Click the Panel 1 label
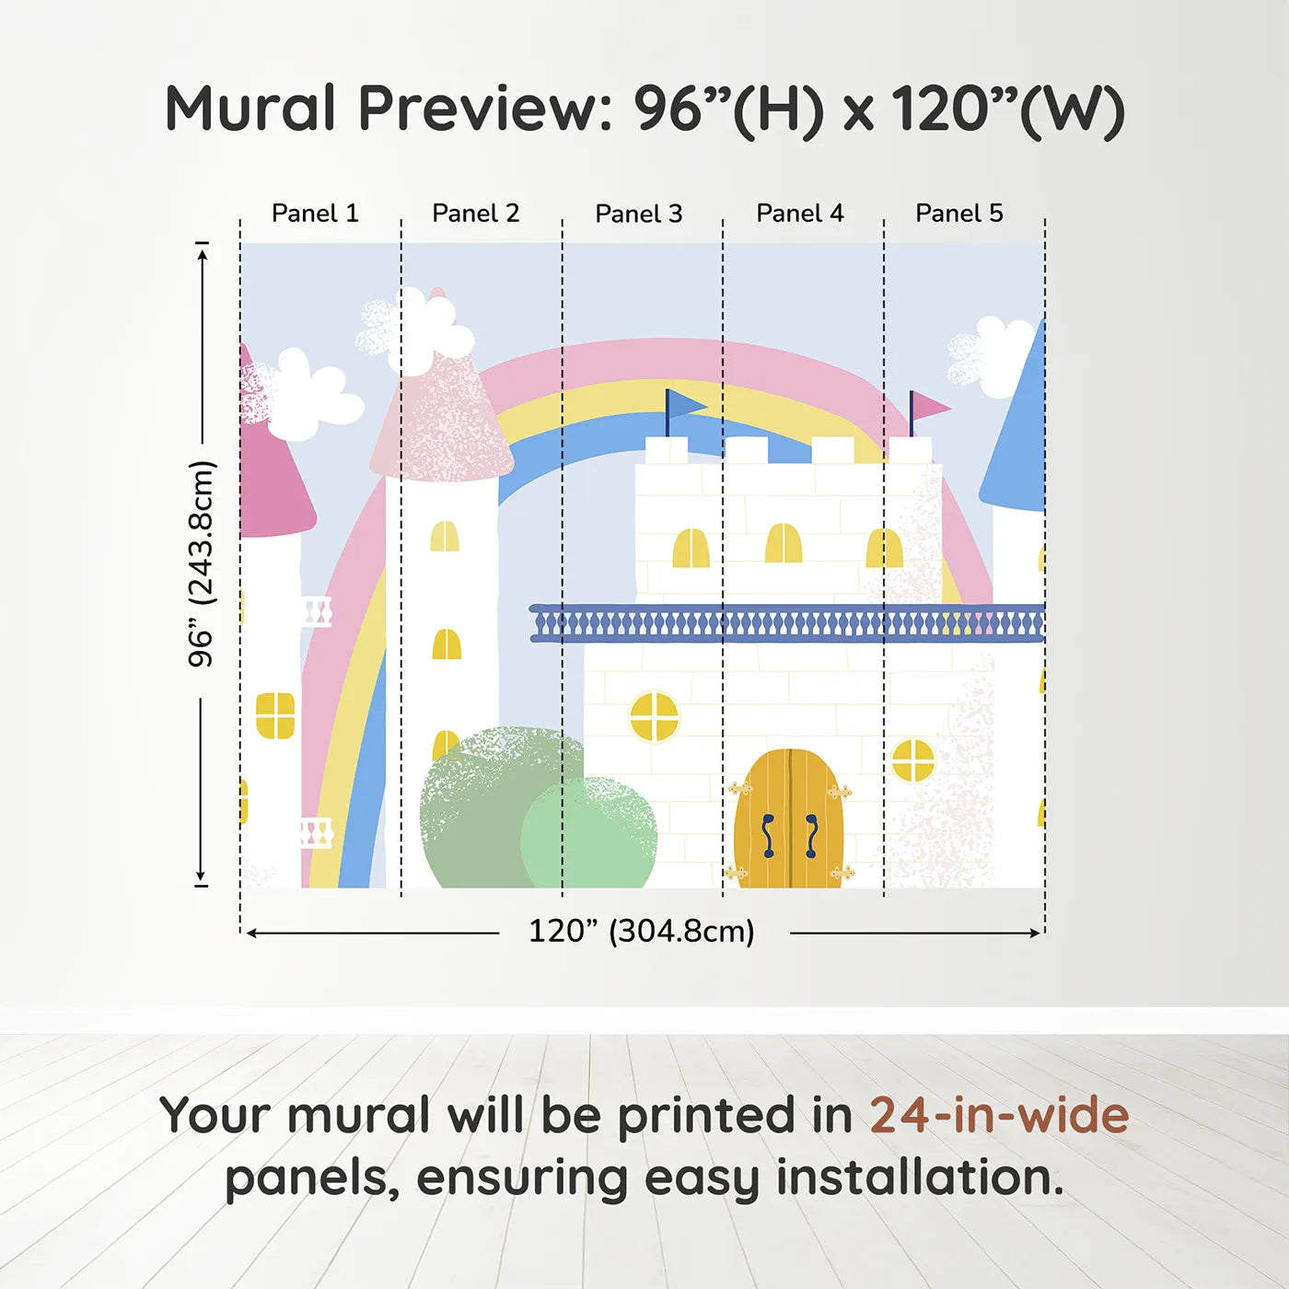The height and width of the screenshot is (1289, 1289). click(x=315, y=214)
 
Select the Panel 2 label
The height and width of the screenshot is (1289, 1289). click(x=476, y=214)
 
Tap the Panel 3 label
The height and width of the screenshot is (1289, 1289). click(x=639, y=214)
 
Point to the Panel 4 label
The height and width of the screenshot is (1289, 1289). click(x=800, y=214)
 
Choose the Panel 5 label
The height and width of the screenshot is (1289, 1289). click(x=959, y=214)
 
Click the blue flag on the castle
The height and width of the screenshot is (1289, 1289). click(x=684, y=405)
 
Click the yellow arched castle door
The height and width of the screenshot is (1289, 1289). click(x=789, y=819)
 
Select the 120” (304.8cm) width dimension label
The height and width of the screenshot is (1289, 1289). click(x=642, y=931)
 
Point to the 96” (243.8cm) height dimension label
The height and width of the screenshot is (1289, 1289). click(x=201, y=563)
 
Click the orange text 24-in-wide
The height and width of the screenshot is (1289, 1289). click(x=999, y=1114)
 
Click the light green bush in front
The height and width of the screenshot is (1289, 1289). click(x=588, y=833)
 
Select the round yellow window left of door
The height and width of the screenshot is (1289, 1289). click(x=654, y=717)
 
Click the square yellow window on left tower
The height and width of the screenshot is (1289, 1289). click(x=275, y=715)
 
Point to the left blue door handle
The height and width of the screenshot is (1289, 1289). click(x=769, y=836)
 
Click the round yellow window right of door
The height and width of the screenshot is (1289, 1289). click(x=913, y=761)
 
